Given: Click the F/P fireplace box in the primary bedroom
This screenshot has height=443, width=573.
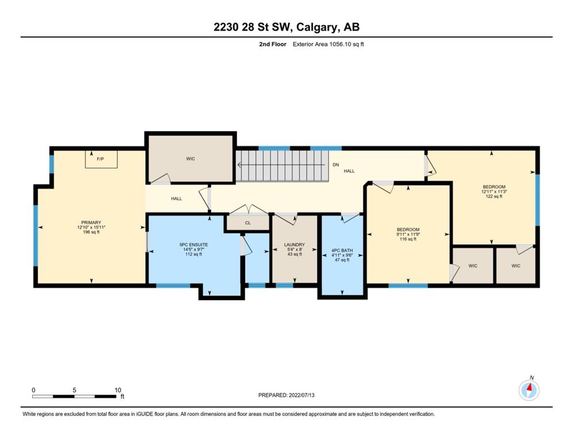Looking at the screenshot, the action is (x=101, y=159).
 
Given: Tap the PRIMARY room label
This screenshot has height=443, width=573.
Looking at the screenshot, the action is (x=91, y=223).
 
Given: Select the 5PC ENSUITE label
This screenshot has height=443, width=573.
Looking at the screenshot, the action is (x=194, y=245).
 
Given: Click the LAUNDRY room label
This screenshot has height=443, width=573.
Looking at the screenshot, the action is (x=294, y=245).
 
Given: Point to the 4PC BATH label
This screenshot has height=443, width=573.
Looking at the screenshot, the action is (x=342, y=250).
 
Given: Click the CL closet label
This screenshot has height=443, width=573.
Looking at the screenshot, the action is (x=248, y=223).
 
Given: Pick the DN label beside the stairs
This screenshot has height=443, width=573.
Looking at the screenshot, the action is (x=336, y=165).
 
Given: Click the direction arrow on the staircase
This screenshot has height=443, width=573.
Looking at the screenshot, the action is (x=281, y=165).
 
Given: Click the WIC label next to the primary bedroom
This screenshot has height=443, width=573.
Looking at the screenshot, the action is (x=190, y=159).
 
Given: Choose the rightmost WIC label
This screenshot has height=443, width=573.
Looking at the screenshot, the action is (x=516, y=265).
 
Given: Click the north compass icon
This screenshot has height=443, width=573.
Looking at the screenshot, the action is (x=529, y=390).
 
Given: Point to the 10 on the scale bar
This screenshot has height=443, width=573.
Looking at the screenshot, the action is (x=118, y=390).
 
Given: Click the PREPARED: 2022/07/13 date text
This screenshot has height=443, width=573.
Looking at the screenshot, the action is (x=286, y=395).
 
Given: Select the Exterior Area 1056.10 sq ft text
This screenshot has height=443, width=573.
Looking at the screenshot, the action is (x=328, y=44).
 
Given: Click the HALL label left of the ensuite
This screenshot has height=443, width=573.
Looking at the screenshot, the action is (x=177, y=198).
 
